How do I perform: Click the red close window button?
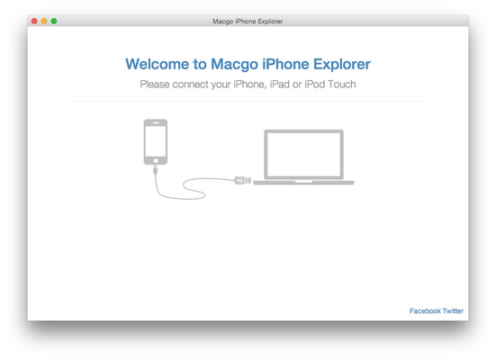point(35,20)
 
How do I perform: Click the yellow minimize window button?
point(44,20)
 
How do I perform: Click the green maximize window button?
point(54,20)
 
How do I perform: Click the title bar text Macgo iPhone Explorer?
point(248,20)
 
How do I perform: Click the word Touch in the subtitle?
point(339,85)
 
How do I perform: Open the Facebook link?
point(425,310)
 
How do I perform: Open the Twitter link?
point(453,310)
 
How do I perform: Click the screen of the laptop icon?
point(303,154)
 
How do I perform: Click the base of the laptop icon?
point(303,182)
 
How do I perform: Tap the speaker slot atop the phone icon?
point(156,122)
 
